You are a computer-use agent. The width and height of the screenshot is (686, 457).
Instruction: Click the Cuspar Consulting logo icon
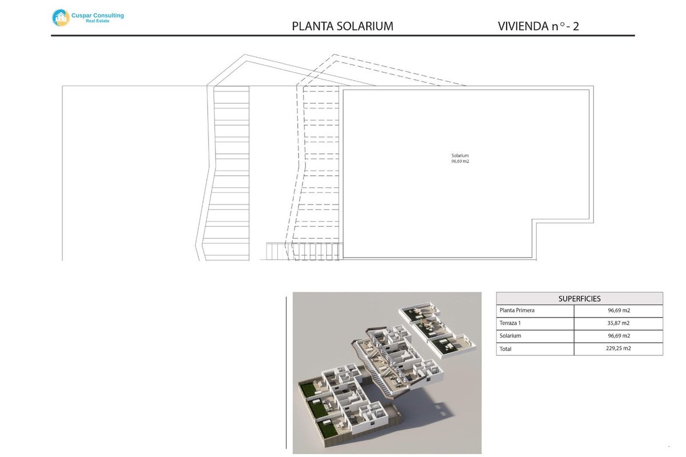(60, 18)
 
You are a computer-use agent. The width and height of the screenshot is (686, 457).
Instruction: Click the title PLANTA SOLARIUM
(342, 26)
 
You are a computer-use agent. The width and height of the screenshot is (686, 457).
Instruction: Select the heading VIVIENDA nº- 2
(539, 26)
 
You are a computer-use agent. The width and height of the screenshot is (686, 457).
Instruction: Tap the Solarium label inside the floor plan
(460, 155)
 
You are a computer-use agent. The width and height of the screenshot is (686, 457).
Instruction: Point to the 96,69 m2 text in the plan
(460, 162)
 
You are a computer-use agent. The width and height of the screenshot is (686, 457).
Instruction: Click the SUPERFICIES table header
(579, 299)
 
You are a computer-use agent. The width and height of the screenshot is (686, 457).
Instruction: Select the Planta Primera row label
(517, 311)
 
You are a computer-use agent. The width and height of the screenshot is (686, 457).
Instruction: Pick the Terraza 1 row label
(512, 323)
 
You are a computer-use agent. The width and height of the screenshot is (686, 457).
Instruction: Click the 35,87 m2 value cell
(619, 323)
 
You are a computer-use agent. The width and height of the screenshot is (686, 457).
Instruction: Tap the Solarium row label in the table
(510, 336)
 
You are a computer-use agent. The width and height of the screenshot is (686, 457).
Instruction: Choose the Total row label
(505, 348)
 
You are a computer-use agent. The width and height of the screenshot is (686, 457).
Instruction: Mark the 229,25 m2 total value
(619, 348)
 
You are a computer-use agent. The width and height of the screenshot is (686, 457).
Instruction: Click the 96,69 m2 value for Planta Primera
(619, 311)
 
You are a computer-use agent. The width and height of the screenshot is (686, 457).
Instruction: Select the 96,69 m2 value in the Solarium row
(619, 336)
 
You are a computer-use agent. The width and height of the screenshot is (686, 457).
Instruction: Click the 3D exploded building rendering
(387, 372)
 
